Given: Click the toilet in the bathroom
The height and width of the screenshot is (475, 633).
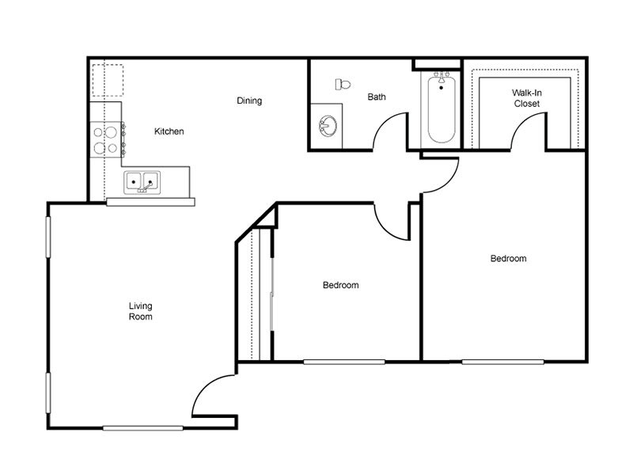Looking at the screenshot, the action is [343, 85].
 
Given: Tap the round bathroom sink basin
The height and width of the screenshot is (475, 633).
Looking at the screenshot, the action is [328, 127].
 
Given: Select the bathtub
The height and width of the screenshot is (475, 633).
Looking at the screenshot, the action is [442, 108].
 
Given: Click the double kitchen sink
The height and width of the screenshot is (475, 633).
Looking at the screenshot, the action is [142, 182].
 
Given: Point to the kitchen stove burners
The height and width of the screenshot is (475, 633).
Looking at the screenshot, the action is [105, 140].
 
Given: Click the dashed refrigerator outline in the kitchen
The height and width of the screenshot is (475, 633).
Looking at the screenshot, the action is [108, 80].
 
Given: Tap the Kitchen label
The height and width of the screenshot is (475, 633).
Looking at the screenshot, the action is [169, 131].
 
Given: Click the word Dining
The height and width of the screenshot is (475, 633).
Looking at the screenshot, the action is [249, 101].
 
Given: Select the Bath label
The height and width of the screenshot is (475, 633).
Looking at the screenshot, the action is [377, 97].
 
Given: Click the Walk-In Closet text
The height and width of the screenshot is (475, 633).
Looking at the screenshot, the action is [527, 98].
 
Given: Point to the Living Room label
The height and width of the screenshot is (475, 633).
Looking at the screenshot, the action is [141, 311].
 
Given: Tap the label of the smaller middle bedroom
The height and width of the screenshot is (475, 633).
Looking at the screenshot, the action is [341, 285].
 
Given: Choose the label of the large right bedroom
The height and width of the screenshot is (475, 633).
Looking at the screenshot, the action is [508, 259].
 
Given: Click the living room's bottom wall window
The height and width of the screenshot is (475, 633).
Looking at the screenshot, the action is [143, 428].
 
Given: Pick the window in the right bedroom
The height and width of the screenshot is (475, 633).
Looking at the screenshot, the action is [502, 362].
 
